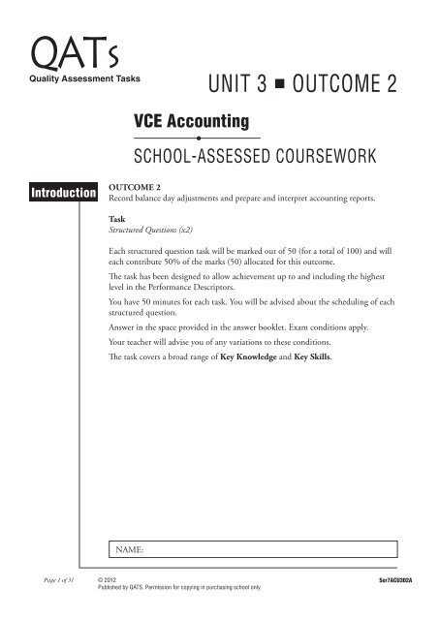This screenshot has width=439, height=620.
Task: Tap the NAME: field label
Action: [x=129, y=550]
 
